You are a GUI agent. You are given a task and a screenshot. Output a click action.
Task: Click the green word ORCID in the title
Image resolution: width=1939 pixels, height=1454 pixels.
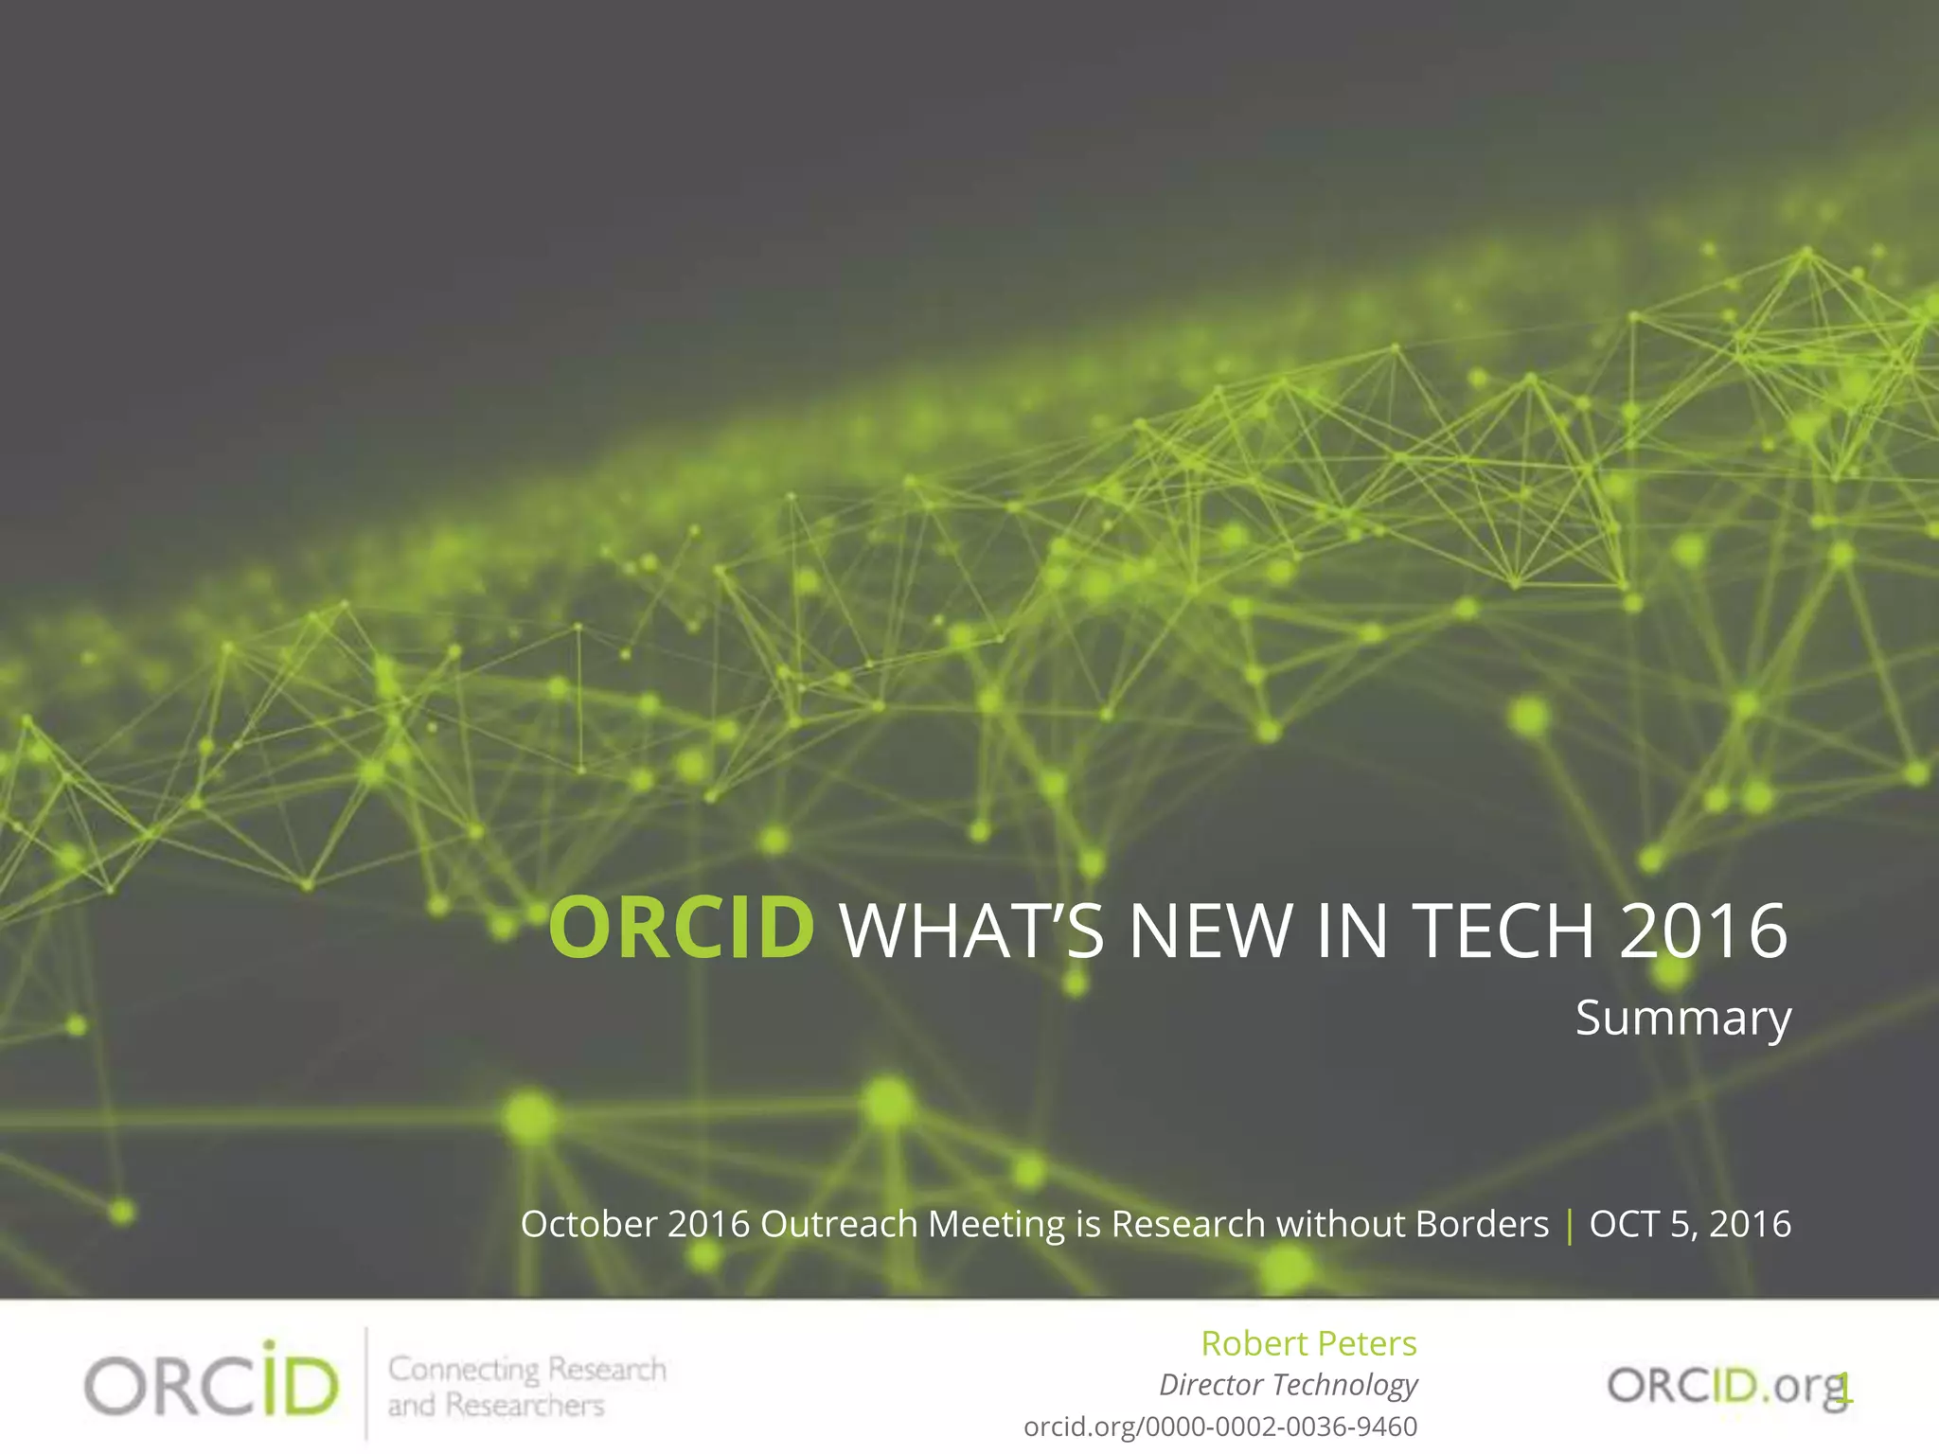[682, 929]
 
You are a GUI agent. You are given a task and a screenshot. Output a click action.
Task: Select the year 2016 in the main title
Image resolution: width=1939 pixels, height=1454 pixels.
[1703, 931]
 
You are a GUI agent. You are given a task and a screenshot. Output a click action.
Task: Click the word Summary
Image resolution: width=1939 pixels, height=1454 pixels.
[1682, 1020]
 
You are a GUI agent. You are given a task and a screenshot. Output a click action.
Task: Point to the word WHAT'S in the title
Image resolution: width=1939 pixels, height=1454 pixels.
[971, 931]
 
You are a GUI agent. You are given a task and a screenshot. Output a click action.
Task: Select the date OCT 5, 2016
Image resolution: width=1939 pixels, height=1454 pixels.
[1690, 1224]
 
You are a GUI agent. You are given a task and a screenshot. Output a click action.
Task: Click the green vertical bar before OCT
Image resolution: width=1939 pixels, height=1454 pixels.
[1570, 1226]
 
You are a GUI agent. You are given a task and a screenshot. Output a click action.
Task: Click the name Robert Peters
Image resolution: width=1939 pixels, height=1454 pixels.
[1308, 1343]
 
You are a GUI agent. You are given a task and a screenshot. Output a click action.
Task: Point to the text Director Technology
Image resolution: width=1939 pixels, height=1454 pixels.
[1288, 1385]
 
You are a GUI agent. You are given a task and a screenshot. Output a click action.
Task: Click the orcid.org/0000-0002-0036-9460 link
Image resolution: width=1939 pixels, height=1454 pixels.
[1220, 1427]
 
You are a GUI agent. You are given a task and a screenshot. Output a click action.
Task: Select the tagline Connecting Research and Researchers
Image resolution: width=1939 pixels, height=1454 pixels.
[525, 1387]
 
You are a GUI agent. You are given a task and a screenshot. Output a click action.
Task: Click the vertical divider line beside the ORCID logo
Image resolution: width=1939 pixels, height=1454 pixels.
[366, 1384]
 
